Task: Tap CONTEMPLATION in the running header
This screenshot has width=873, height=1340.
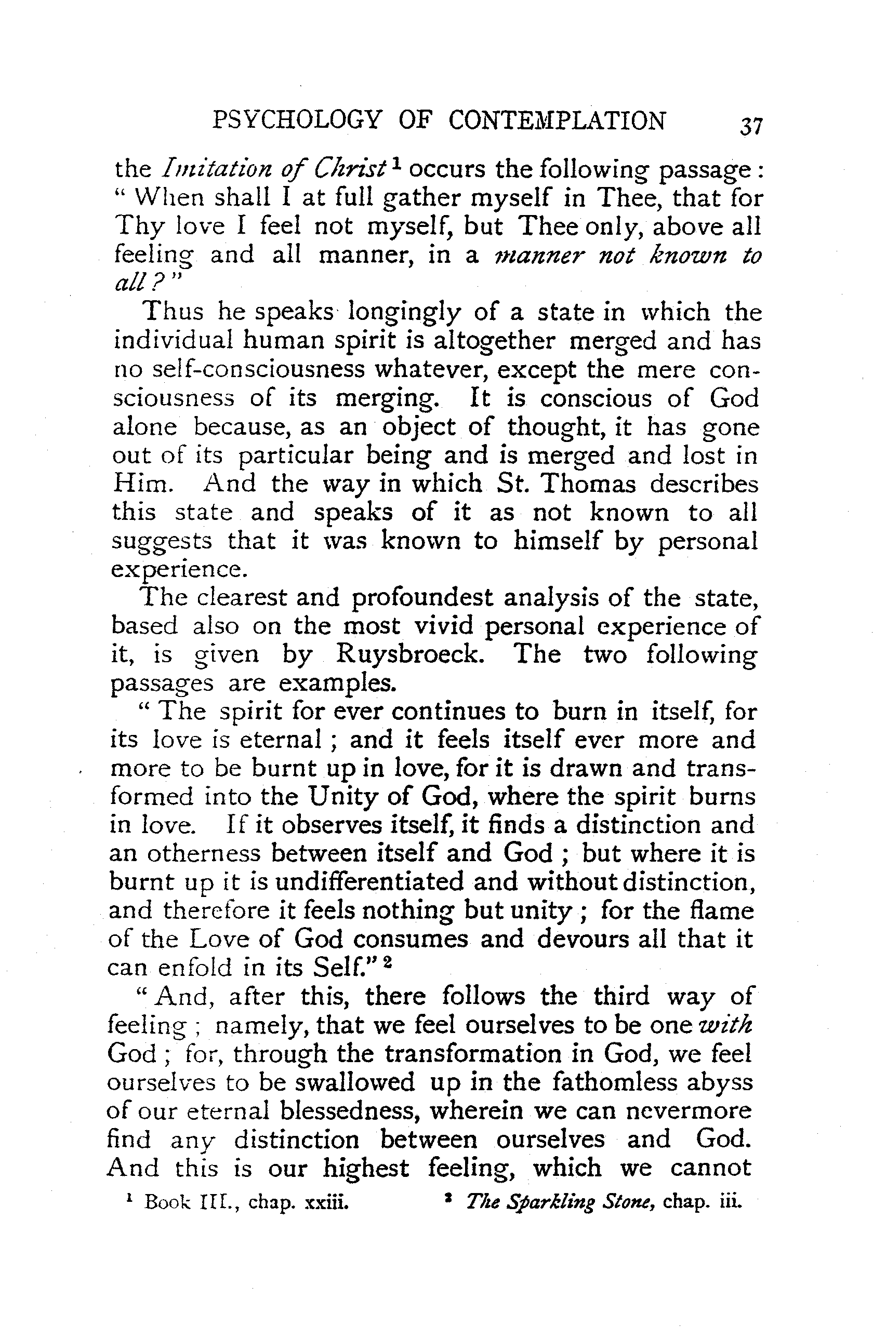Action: (557, 121)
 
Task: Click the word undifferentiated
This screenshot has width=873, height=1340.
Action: (369, 881)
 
